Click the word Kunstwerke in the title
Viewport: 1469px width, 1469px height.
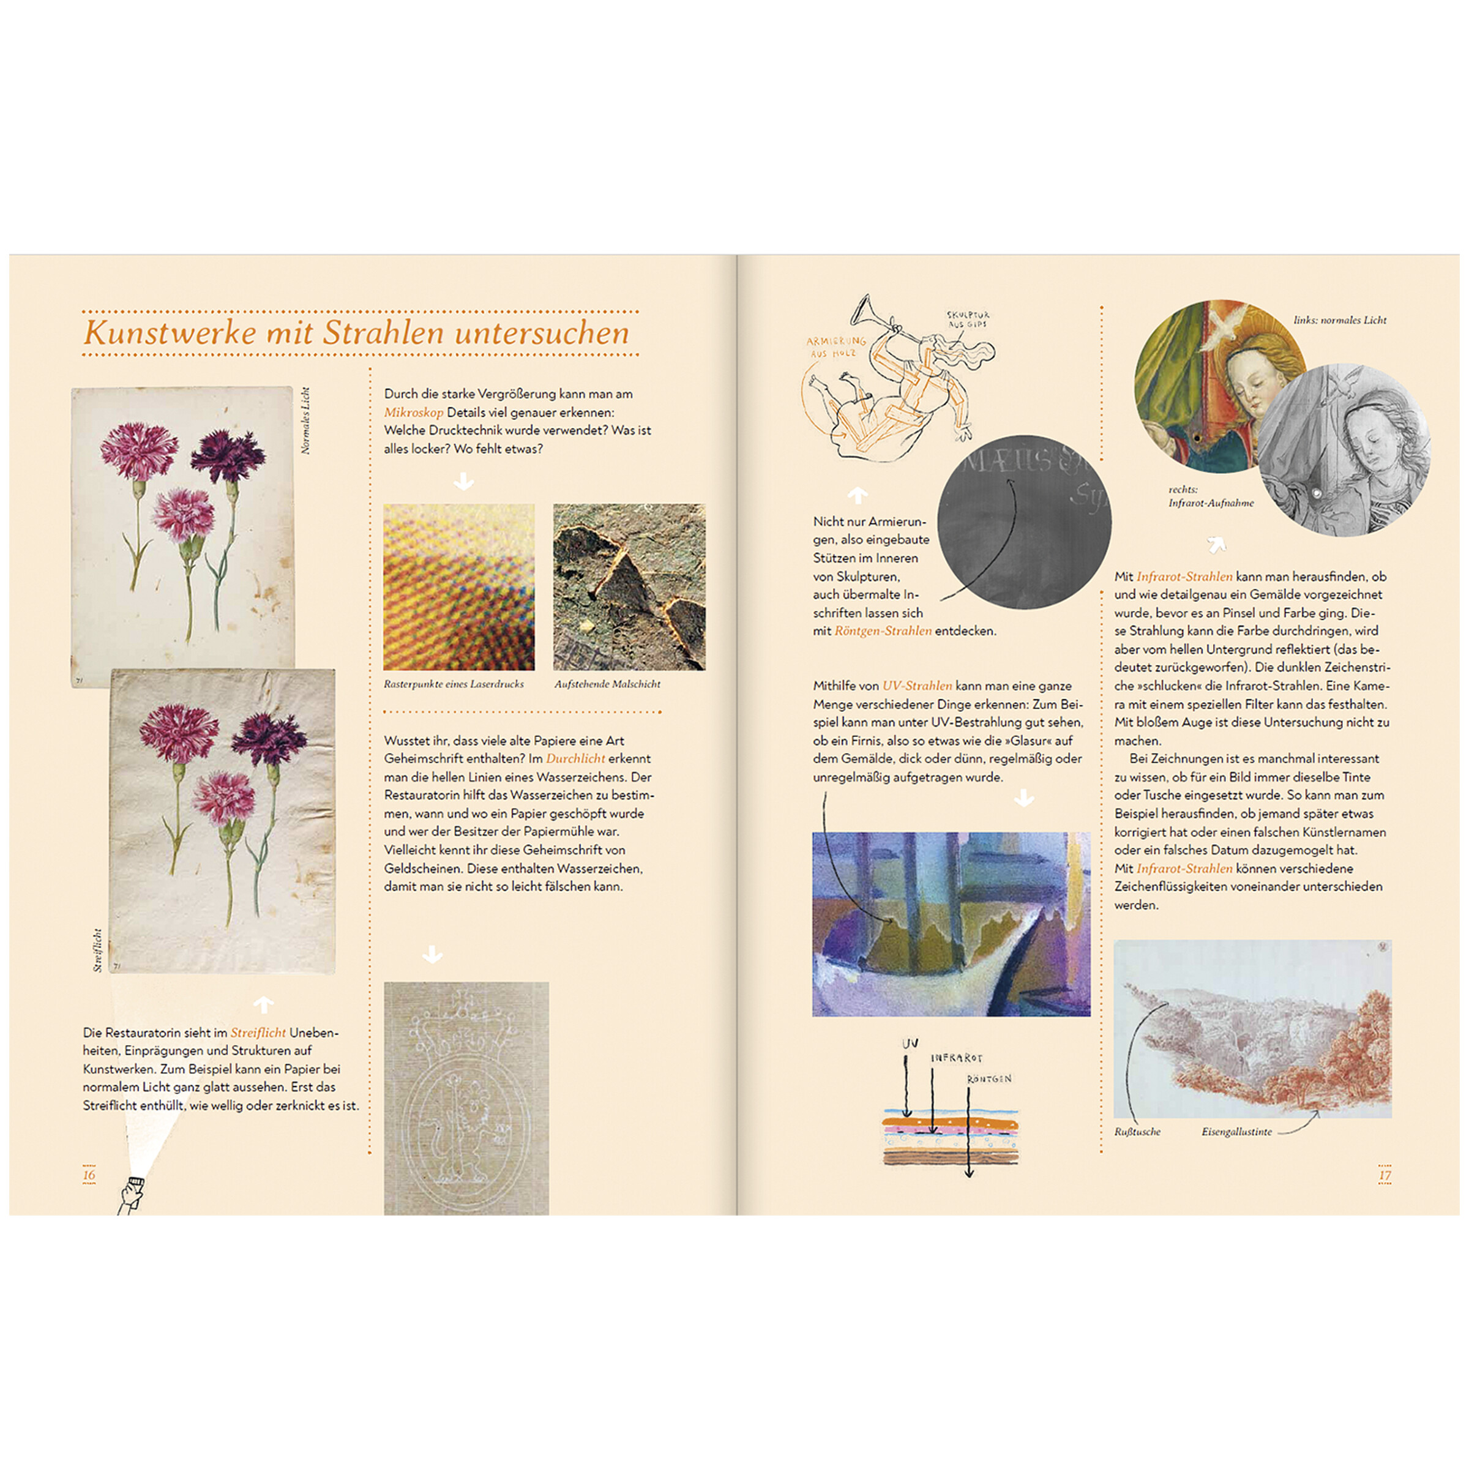(170, 333)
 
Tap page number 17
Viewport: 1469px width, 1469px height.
(1385, 1175)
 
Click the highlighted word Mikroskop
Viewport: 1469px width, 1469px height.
(413, 412)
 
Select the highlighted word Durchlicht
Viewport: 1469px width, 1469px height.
(575, 758)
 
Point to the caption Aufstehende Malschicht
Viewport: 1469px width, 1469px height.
(607, 684)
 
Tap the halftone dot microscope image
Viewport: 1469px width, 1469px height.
(458, 586)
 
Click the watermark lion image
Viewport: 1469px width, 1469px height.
(465, 1095)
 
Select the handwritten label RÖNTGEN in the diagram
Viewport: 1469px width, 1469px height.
(989, 1079)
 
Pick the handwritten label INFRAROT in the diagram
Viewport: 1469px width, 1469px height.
(957, 1058)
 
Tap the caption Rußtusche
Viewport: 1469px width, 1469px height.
(1137, 1131)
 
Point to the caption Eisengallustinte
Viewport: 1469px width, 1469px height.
(1236, 1131)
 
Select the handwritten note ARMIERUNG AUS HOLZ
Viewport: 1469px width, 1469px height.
(835, 346)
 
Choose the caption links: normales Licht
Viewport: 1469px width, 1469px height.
(1340, 320)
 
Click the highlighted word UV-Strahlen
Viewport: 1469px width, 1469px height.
(916, 685)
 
